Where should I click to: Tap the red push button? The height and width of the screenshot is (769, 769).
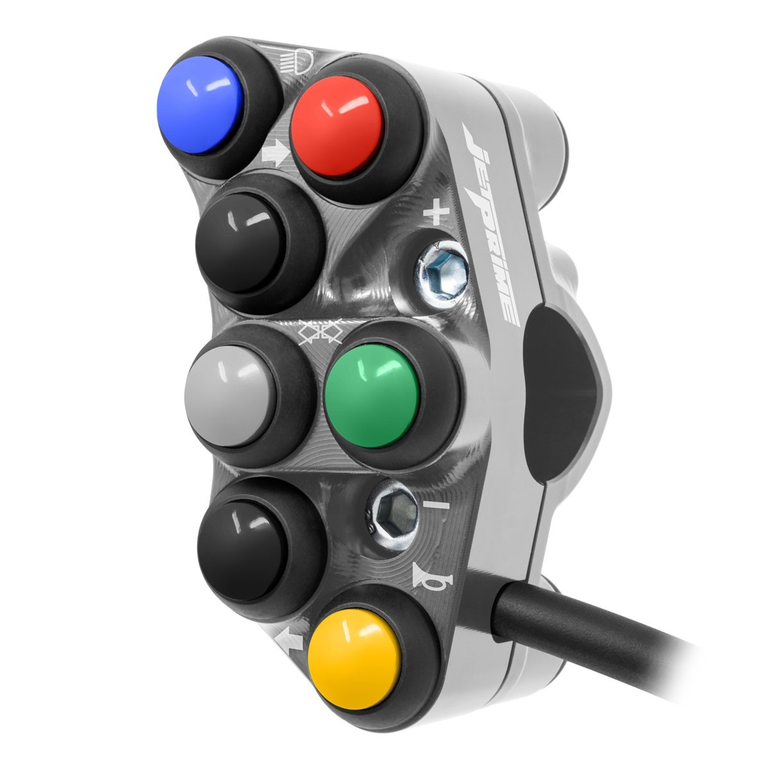[337, 126]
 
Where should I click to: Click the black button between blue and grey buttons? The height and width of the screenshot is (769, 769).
[241, 243]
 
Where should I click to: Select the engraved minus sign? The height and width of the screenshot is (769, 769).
[436, 506]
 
